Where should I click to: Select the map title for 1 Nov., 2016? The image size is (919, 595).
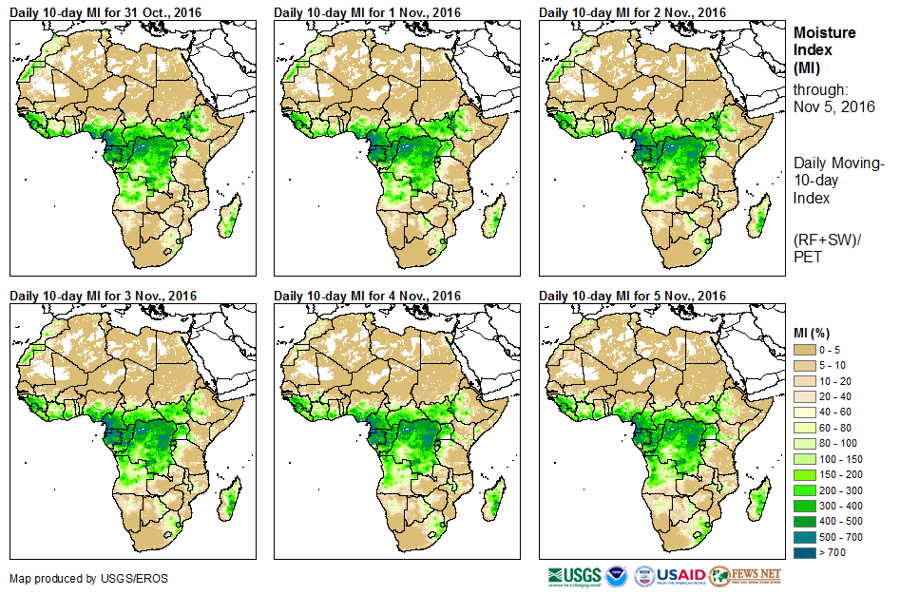tap(367, 11)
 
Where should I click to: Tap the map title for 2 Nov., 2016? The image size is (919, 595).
tap(632, 11)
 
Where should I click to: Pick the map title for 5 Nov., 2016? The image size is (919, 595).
tap(632, 296)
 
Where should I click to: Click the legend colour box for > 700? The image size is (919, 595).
tap(805, 551)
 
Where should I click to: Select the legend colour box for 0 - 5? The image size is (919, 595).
tap(805, 351)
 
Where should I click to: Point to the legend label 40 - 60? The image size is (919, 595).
tap(835, 413)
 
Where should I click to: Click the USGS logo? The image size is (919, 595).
tap(574, 576)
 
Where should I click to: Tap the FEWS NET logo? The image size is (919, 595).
tap(745, 576)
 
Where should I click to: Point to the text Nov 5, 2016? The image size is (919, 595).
tap(833, 106)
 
